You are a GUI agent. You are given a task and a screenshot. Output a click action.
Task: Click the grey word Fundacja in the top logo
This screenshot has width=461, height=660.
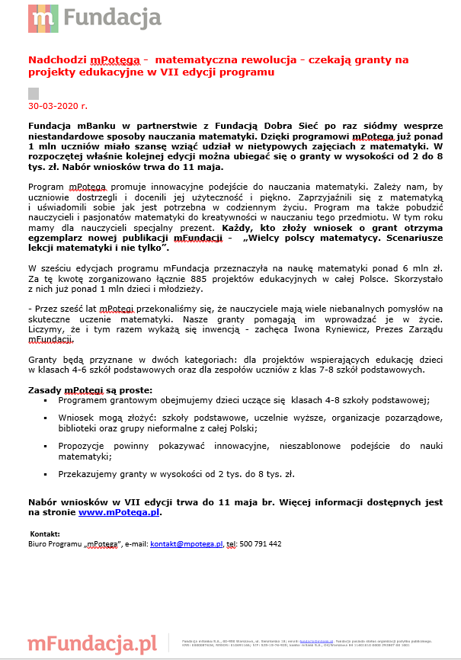pyautogui.click(x=112, y=17)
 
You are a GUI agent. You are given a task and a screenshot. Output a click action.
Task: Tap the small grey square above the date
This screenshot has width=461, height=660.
pyautogui.click(x=33, y=93)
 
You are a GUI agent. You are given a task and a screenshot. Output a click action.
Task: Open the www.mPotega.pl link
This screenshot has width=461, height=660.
pyautogui.click(x=119, y=513)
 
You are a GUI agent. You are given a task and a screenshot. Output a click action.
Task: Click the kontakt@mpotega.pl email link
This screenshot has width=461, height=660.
pyautogui.click(x=185, y=544)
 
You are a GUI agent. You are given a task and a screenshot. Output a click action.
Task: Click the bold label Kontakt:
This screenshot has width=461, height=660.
pyautogui.click(x=44, y=534)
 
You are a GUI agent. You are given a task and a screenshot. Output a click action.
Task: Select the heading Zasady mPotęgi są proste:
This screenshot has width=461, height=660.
pyautogui.click(x=90, y=390)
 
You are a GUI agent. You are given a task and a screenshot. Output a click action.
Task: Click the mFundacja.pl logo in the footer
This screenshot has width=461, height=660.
pyautogui.click(x=91, y=643)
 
